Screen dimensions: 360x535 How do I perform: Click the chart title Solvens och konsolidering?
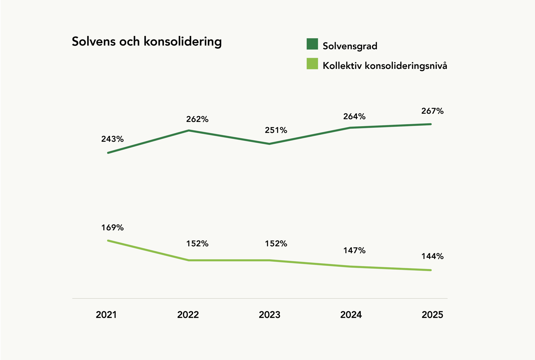click(147, 42)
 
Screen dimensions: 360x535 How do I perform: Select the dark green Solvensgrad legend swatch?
click(312, 44)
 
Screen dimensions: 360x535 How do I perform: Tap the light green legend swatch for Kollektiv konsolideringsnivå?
click(312, 64)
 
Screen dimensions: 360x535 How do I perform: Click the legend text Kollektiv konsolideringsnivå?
click(385, 66)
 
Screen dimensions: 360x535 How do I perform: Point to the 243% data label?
click(112, 139)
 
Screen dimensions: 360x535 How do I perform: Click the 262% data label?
click(197, 119)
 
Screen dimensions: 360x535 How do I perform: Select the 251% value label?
click(276, 130)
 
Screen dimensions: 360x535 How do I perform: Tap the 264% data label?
click(354, 116)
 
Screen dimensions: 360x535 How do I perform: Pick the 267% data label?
click(432, 111)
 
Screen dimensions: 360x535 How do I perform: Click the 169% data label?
click(112, 228)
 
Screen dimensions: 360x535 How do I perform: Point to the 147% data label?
click(354, 251)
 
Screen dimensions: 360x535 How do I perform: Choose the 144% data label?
click(432, 256)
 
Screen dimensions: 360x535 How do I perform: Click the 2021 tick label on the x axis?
click(106, 315)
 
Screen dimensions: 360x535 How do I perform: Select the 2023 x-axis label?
click(269, 315)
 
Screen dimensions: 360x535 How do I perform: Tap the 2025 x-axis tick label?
click(432, 315)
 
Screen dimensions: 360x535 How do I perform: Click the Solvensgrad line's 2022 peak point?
click(189, 130)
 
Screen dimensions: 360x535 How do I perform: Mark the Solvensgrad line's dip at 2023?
click(269, 144)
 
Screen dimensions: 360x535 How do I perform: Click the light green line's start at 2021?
click(108, 240)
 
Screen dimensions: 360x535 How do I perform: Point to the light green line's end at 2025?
click(431, 270)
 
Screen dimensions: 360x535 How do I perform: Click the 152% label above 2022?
click(197, 244)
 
